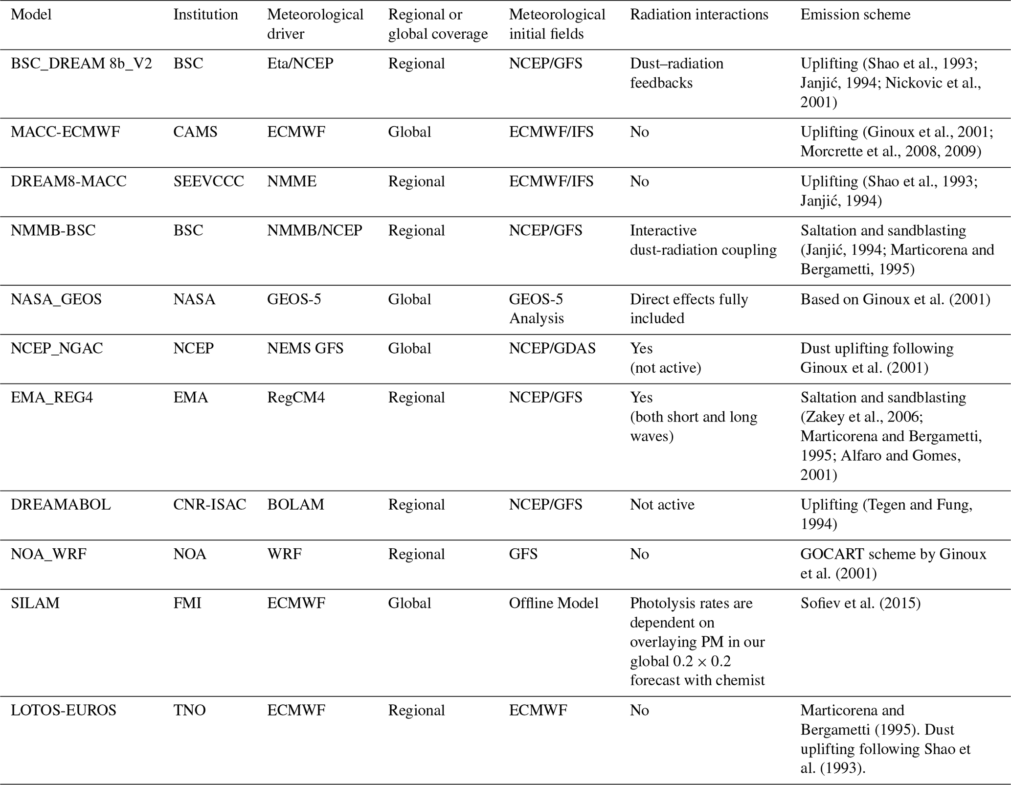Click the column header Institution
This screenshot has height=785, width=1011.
coord(205,15)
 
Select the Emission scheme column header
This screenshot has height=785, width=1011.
coord(855,15)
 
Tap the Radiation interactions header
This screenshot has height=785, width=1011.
coord(699,15)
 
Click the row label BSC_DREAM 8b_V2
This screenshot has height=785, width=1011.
coord(81,64)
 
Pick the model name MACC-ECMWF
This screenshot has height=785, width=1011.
coord(65,132)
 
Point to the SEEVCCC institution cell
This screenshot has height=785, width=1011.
coord(208,181)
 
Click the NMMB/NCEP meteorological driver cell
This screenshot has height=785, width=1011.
coord(315,230)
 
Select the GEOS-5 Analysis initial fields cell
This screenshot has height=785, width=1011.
coord(536,309)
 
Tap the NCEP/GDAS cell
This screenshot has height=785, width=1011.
coord(552,348)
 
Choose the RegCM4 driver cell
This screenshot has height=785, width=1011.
coord(295,397)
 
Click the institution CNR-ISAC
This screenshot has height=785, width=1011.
coord(209,504)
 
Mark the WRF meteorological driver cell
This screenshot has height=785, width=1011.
coord(284,554)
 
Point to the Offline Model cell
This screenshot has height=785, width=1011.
coord(554,603)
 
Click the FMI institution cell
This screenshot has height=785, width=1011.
coord(187,603)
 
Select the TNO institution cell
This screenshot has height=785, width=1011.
coord(189,710)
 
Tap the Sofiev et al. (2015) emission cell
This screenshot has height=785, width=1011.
coord(860,603)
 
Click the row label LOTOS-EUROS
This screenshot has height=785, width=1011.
coord(64,710)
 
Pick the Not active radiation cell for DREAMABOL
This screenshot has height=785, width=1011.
coord(662,504)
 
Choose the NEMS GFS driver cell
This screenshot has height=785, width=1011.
coord(305,348)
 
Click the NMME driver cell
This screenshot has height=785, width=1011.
coord(292,181)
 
